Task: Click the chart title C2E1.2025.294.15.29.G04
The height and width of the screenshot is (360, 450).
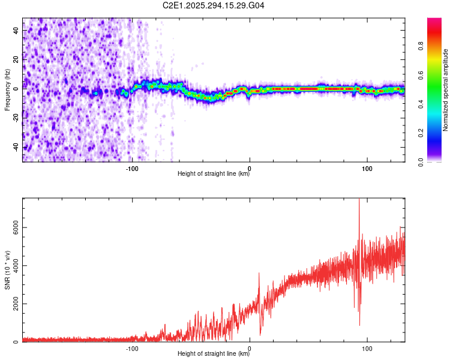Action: pos(214,5)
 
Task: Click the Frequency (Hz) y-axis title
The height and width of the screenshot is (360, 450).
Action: pos(7,90)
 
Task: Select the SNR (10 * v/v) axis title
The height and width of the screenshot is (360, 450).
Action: pos(7,270)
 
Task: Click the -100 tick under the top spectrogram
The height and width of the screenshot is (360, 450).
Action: pos(133,167)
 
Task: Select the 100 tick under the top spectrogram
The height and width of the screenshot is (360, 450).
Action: pos(367,167)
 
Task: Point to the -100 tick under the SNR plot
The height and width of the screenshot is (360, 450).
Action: pos(133,348)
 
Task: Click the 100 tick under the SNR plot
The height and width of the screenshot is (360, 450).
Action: pos(367,348)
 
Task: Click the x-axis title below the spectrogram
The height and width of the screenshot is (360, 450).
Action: pos(214,174)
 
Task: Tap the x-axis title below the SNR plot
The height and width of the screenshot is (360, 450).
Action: pos(214,354)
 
